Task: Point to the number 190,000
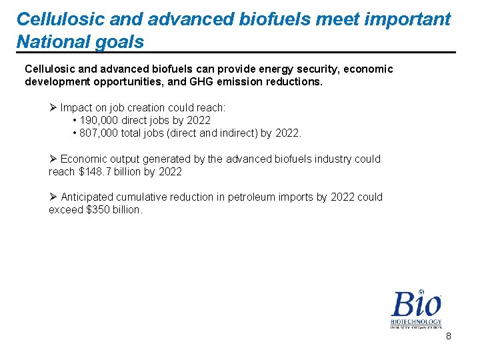(100, 120)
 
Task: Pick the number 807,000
(100, 133)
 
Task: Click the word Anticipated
(87, 197)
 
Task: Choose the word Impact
(77, 107)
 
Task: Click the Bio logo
(416, 308)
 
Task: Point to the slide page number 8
(449, 337)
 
